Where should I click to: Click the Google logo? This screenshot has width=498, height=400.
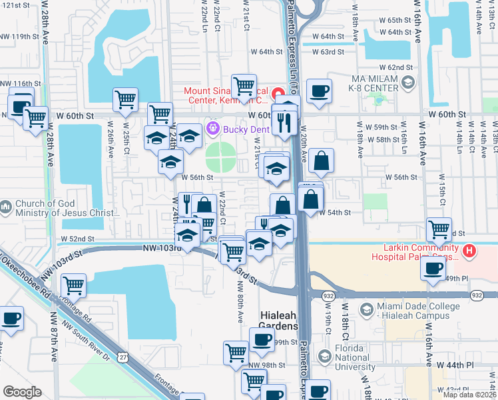click(22, 392)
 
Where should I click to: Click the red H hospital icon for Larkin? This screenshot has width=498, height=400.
click(471, 251)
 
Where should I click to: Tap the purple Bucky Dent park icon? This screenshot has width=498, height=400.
click(213, 127)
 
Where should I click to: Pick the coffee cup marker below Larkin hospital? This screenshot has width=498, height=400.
click(433, 269)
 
